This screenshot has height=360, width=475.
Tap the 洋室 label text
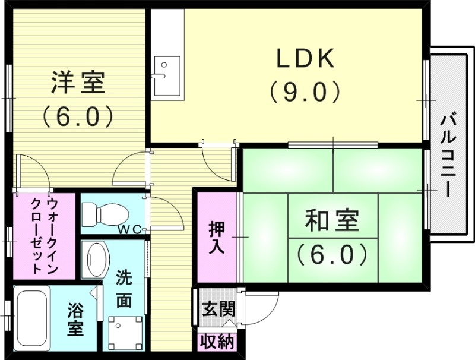(x=78, y=83)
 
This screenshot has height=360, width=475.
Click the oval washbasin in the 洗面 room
(x=97, y=257)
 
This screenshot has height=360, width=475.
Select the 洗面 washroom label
(x=124, y=289)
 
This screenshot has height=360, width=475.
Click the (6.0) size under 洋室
(x=78, y=115)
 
